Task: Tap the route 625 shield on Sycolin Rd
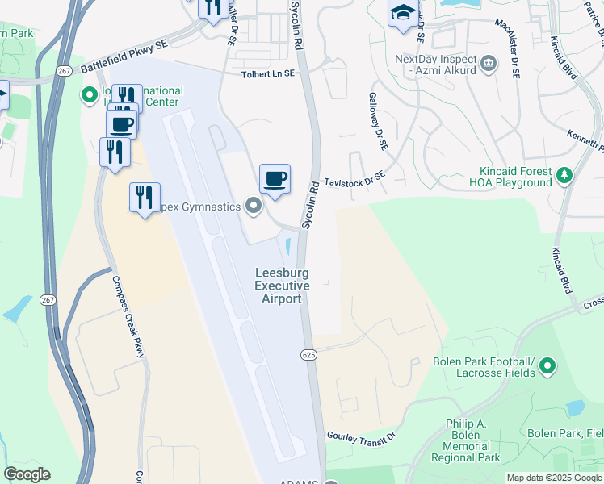coord(309,354)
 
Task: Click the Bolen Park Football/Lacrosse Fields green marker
coord(547,367)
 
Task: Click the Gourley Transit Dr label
coord(361,436)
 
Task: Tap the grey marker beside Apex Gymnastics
coord(254,207)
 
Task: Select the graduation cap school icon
coord(403,14)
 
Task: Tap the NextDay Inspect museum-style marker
coord(488,62)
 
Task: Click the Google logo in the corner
coord(27,474)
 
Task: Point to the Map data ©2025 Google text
coord(554,478)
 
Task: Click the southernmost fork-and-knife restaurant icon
coord(145,197)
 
